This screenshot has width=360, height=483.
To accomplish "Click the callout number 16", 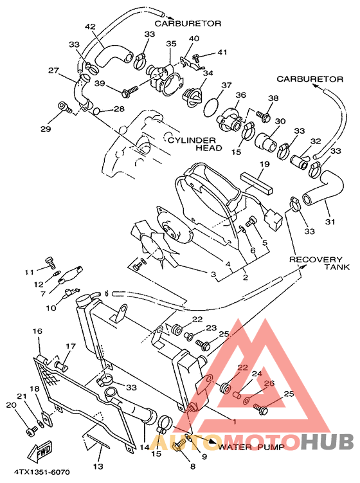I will [x=37, y=331].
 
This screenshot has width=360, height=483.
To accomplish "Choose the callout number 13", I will [x=98, y=466].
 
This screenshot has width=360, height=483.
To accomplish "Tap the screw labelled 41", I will [x=198, y=60].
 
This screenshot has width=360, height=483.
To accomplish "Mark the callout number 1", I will [x=234, y=421].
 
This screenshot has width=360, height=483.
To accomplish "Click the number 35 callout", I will [x=171, y=44].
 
